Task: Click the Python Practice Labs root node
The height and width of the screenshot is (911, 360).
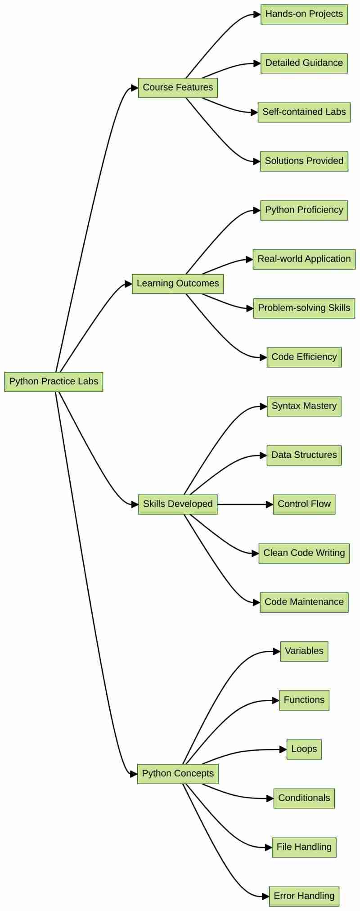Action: pyautogui.click(x=54, y=382)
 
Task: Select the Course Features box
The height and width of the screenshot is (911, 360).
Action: pyautogui.click(x=178, y=88)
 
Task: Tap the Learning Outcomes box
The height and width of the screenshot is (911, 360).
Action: pyautogui.click(x=178, y=284)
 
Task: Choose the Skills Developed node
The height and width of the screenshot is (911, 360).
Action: pyautogui.click(x=178, y=504)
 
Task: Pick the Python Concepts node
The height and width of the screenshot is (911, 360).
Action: pyautogui.click(x=178, y=773)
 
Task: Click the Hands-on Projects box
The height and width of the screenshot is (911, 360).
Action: pyautogui.click(x=304, y=14)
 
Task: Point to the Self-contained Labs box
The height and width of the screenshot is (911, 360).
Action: pyautogui.click(x=304, y=112)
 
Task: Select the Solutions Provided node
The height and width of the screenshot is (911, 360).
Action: pyautogui.click(x=304, y=161)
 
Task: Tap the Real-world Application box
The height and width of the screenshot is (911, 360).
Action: pyautogui.click(x=304, y=259)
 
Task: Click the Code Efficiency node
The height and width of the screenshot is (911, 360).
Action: pyautogui.click(x=304, y=357)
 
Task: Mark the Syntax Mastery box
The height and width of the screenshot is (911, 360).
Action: pyautogui.click(x=304, y=406)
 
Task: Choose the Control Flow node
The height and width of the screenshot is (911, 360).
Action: pyautogui.click(x=304, y=504)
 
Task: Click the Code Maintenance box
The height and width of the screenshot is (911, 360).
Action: pyautogui.click(x=304, y=602)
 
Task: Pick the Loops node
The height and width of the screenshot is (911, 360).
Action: pyautogui.click(x=304, y=749)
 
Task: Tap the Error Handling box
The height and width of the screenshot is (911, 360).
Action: pyautogui.click(x=304, y=896)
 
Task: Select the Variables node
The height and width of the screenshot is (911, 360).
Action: pyautogui.click(x=304, y=651)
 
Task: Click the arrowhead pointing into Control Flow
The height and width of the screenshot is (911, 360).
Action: pyautogui.click(x=270, y=505)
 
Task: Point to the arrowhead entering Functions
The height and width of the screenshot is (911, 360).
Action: pyautogui.click(x=275, y=700)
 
